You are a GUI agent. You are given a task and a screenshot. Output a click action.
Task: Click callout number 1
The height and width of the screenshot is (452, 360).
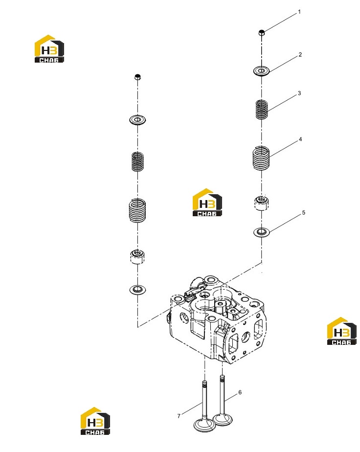299,12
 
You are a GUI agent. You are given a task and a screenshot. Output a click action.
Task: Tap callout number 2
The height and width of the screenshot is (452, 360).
300,54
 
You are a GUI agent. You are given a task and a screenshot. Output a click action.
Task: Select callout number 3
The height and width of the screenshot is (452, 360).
299,93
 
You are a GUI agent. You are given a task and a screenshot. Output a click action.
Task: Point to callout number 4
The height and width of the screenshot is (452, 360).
300,139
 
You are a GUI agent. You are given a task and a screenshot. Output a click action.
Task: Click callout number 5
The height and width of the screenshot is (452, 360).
304,212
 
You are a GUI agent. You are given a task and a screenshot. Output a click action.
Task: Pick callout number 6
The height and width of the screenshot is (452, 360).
240,392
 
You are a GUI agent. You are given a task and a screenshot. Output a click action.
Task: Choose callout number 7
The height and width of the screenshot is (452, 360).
179,416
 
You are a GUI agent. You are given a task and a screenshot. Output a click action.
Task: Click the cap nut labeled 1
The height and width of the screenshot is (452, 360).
261,33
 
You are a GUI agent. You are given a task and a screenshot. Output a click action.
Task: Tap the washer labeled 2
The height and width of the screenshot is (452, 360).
261,70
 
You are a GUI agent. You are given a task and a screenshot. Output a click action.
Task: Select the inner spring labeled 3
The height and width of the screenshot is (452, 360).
262,109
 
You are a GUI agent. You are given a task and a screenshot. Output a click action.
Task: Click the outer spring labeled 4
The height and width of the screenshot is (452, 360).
261,158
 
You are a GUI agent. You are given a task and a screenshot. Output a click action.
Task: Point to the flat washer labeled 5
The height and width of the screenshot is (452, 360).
261,231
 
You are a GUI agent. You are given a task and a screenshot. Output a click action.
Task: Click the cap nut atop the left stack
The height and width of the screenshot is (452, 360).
138,77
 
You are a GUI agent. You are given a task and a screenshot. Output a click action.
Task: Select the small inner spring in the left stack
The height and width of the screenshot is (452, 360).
137,161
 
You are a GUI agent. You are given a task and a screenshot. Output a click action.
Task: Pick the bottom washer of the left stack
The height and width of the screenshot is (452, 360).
137,289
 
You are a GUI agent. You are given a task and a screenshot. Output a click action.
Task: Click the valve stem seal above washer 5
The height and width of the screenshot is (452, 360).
261,203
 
